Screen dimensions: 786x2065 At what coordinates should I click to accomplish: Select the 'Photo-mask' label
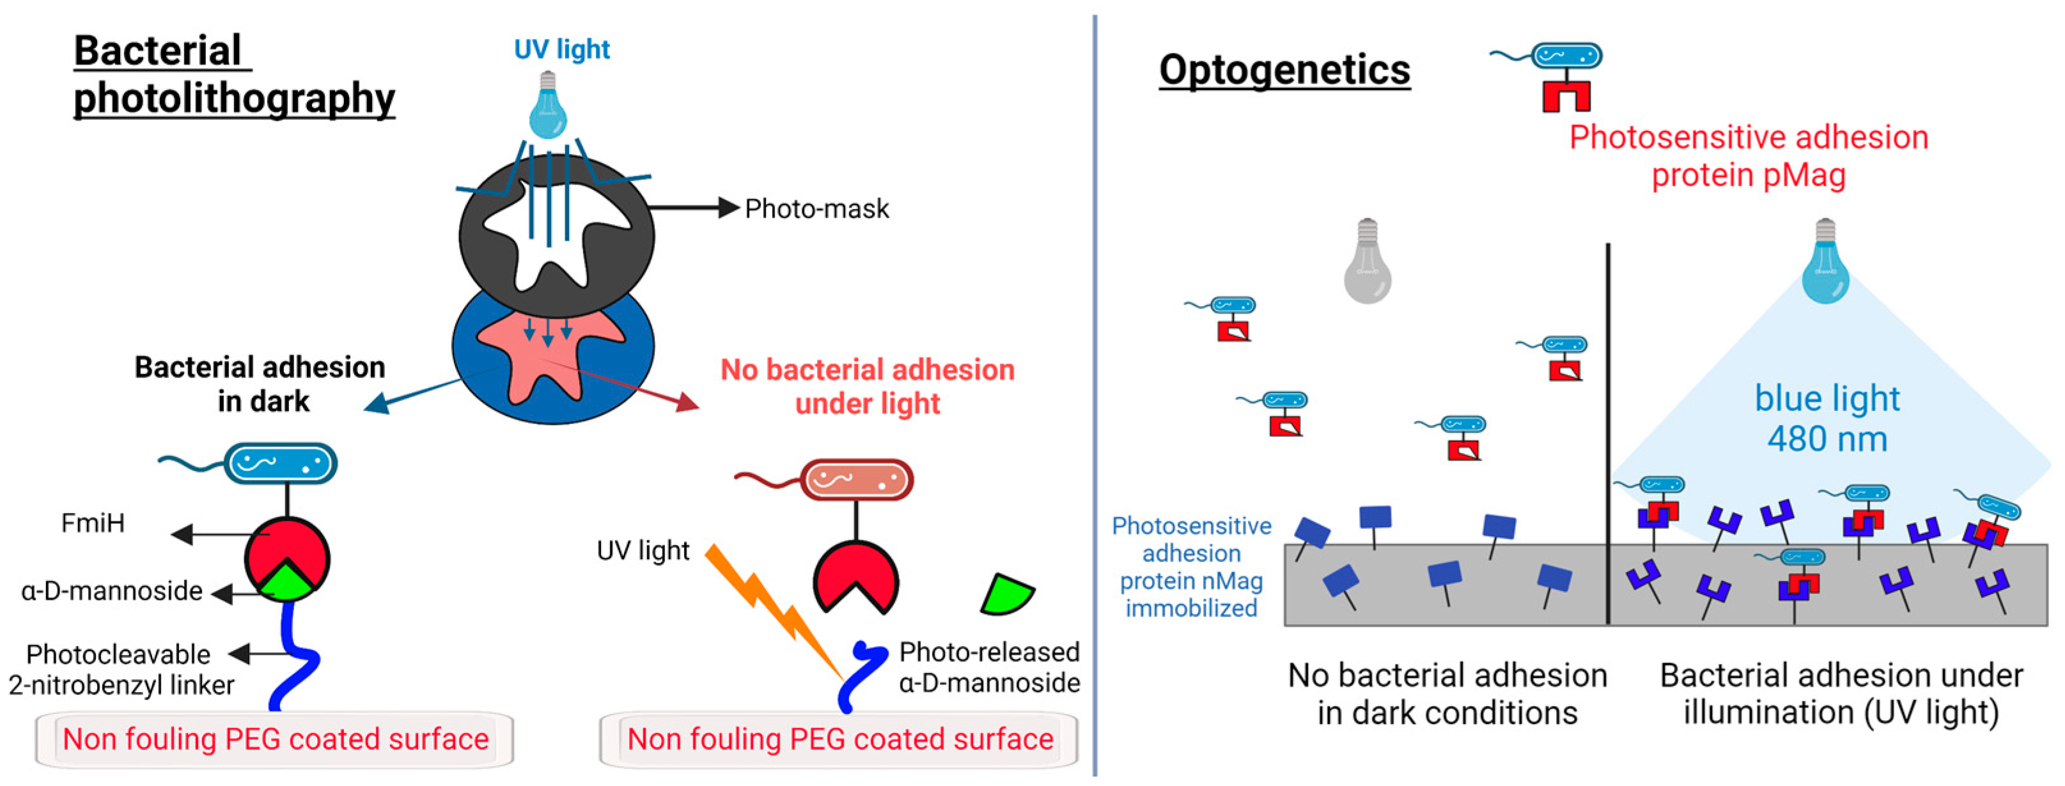816,209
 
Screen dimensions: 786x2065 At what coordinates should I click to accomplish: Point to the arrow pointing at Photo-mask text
694,208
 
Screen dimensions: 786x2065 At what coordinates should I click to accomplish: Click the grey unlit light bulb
1367,265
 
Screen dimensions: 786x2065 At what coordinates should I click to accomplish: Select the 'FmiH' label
93,523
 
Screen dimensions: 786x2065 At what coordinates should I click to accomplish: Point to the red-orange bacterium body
856,480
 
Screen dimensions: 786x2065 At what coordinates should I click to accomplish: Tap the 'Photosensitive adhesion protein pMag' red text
1747,156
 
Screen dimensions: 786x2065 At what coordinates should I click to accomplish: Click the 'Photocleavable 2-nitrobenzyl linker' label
120,670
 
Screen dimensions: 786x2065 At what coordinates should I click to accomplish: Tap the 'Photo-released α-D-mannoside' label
988,667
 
